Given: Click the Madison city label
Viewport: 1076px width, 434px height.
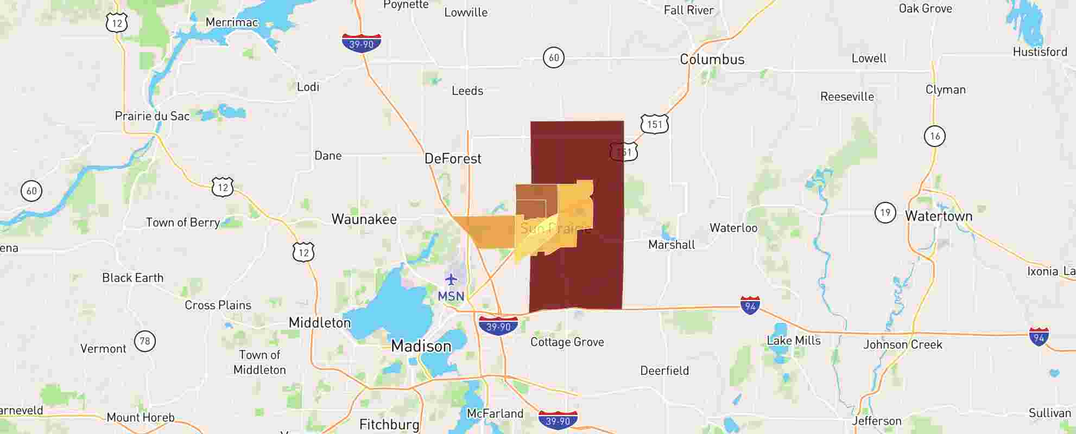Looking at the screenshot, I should pos(421,346).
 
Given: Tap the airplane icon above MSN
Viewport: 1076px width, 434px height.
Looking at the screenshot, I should pos(451,279).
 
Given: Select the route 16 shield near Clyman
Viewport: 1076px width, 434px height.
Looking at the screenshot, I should pos(934,136).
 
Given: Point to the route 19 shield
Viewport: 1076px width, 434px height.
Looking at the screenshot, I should pos(885,213).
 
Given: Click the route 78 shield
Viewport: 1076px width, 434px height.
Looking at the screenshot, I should pos(144,341).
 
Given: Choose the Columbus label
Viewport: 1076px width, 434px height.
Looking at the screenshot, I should pos(712,60).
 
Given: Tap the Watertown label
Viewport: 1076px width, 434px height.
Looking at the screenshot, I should pos(938,216).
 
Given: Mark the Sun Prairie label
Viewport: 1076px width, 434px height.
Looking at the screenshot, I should pos(555,228).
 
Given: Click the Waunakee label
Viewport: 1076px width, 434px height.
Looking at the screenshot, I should pos(364,220).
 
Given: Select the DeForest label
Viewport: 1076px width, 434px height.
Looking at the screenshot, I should pos(453,159).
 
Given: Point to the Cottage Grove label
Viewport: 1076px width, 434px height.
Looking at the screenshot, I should pos(567,342).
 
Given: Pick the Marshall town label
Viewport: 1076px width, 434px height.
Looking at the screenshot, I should pos(671,245).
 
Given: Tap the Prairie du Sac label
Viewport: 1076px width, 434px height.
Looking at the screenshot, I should pos(152,116).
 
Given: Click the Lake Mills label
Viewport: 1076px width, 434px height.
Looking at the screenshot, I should pos(793,341).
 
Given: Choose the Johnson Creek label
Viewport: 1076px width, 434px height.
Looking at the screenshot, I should pos(902,344).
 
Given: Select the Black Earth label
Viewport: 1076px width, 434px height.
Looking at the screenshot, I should pos(132,278).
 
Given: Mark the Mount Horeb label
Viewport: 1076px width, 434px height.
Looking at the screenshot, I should pos(141,418).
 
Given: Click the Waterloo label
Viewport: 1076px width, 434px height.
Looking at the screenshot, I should pos(733,228).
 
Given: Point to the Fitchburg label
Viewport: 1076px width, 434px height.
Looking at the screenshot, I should pos(389,424).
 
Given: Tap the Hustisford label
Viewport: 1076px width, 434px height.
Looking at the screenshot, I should pos(1040,52).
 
